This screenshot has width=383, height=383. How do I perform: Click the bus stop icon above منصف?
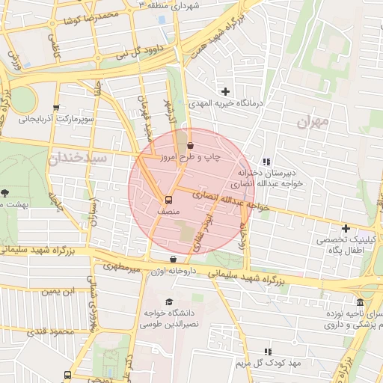click(168, 200)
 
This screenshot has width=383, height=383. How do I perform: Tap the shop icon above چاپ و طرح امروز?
click(189, 145)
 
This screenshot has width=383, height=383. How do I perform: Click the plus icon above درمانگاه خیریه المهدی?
click(225, 91)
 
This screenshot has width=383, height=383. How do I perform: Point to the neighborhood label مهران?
click(312, 122)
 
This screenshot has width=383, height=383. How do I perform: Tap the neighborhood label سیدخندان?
click(78, 159)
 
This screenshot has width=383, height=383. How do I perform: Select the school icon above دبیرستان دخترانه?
click(266, 161)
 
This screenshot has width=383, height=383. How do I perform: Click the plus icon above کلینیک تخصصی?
click(346, 228)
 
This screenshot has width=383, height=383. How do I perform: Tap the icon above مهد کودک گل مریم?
click(268, 351)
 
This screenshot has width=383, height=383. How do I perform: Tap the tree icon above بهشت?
click(5, 193)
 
